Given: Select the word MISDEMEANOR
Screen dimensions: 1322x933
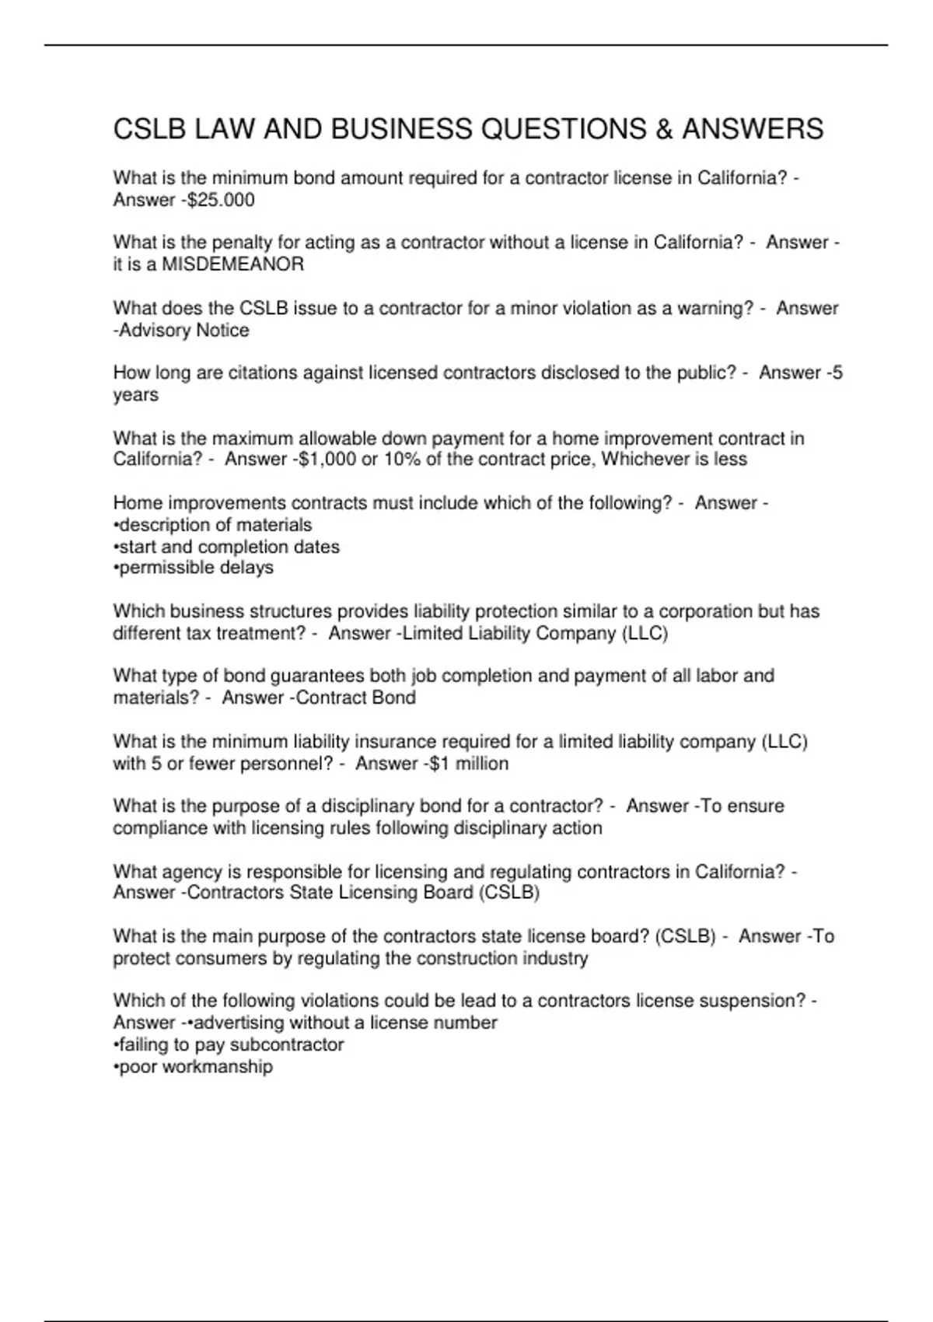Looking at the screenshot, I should click(x=232, y=264).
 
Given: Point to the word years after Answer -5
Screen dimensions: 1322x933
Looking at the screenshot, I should click(x=135, y=395).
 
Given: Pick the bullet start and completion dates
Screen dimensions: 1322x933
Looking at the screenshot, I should click(x=227, y=547).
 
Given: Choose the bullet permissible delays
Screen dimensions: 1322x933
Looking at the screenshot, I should click(x=194, y=568).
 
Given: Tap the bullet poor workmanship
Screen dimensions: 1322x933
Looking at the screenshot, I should click(x=194, y=1066).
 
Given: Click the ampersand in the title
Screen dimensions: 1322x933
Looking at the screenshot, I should click(x=664, y=129).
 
